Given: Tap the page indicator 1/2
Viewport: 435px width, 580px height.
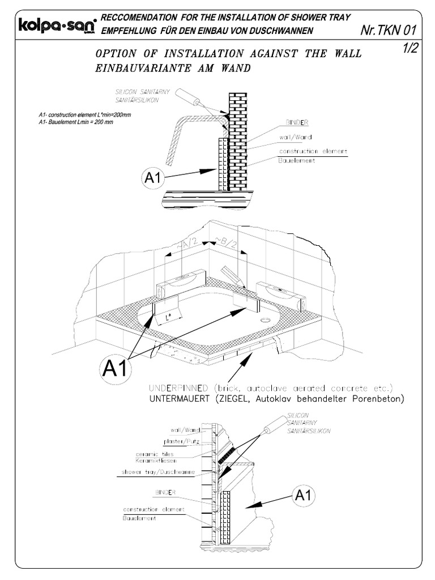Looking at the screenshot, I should [410, 49].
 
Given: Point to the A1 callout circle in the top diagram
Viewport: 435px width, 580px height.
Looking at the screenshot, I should [153, 178].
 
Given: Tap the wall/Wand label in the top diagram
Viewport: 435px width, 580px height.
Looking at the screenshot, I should [295, 137].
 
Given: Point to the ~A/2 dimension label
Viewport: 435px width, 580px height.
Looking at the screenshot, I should [189, 244].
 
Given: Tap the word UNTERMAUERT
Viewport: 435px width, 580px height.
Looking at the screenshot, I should [180, 399].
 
